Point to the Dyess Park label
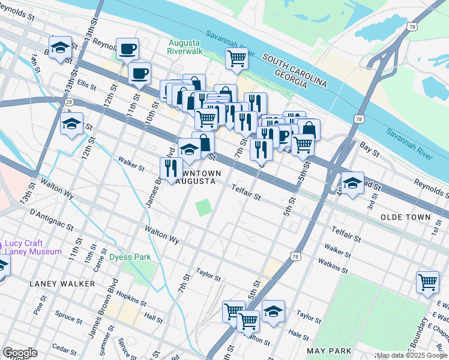click(x=130, y=257)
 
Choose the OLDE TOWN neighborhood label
click(x=405, y=217)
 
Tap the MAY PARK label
click(x=328, y=350)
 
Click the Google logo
click(x=20, y=353)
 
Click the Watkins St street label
click(x=333, y=266)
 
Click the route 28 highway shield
click(x=70, y=102)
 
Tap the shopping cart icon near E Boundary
click(x=427, y=281)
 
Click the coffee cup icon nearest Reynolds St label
click(x=127, y=49)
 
